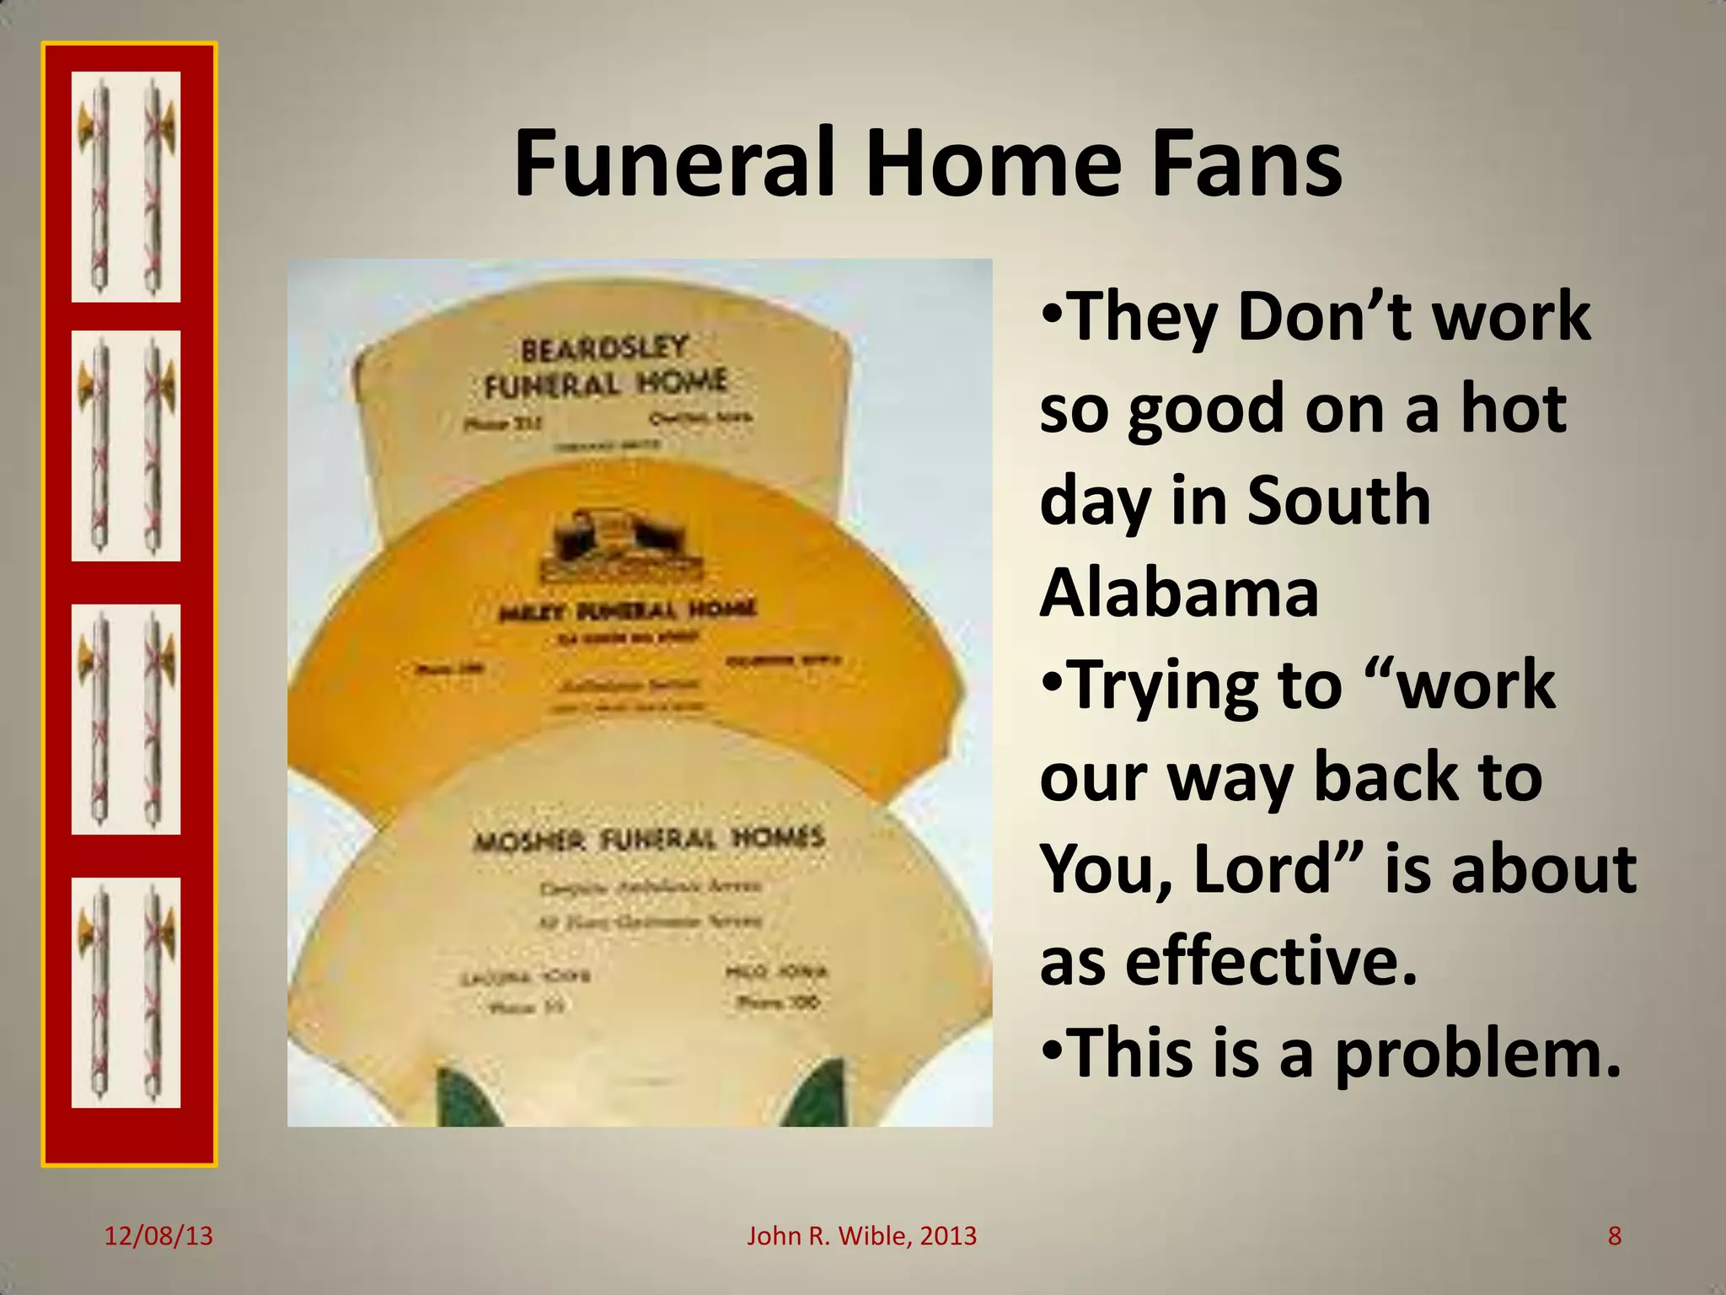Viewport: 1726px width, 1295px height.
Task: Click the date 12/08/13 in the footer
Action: (x=158, y=1236)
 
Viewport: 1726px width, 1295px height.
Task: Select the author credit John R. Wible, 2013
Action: (x=861, y=1236)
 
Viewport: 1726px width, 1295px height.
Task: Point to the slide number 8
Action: (x=1614, y=1236)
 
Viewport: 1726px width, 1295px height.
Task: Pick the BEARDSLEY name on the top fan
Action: (x=604, y=348)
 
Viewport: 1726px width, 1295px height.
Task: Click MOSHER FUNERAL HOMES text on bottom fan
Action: (x=649, y=839)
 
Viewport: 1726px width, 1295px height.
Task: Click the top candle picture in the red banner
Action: (x=126, y=187)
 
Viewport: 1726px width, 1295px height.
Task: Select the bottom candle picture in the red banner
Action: (x=126, y=992)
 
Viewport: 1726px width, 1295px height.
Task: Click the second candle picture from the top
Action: (x=126, y=445)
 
